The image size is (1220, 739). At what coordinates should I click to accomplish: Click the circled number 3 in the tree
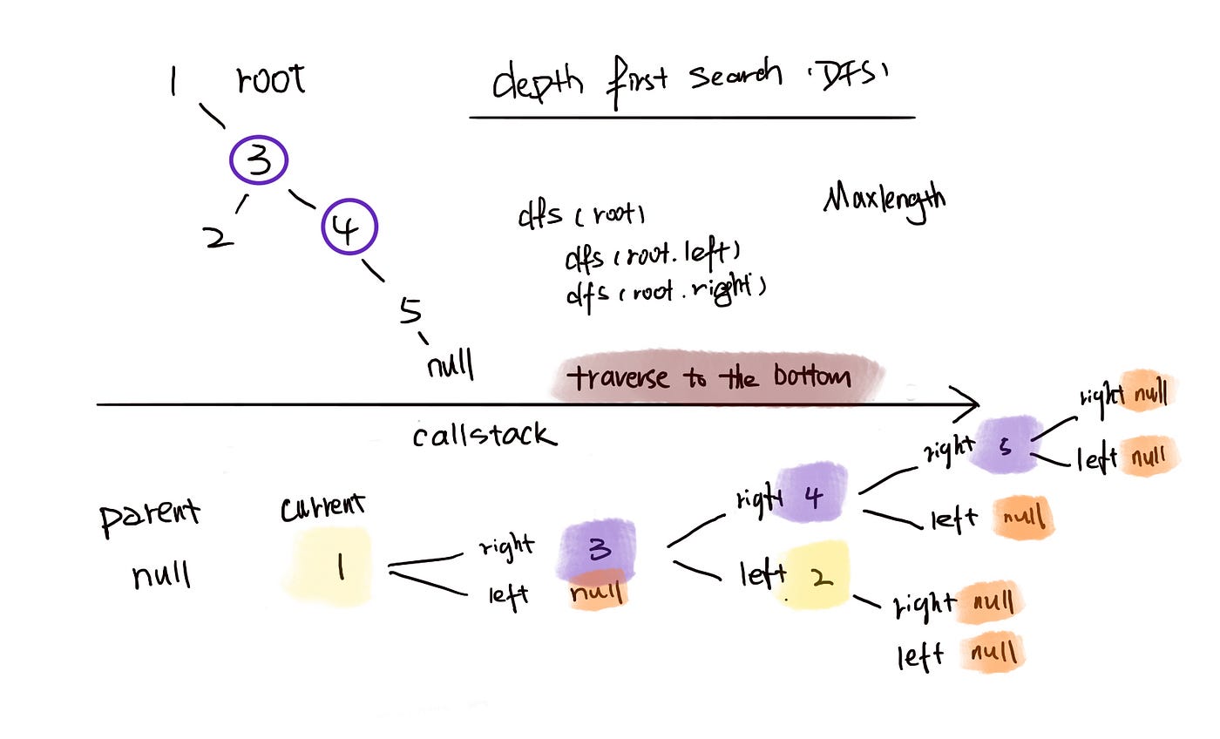coord(259,161)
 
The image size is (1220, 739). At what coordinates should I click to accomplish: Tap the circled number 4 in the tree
coord(349,227)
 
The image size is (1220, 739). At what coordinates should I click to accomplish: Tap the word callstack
coord(484,435)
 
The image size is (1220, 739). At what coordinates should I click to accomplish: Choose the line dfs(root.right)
coord(666,290)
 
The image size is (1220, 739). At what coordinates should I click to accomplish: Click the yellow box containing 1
coord(329,567)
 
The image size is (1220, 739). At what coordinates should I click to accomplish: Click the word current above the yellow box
coord(322,508)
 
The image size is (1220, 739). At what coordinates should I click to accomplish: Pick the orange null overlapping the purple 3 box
coord(598,592)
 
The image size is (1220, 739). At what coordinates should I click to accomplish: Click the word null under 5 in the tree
coord(450,364)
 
